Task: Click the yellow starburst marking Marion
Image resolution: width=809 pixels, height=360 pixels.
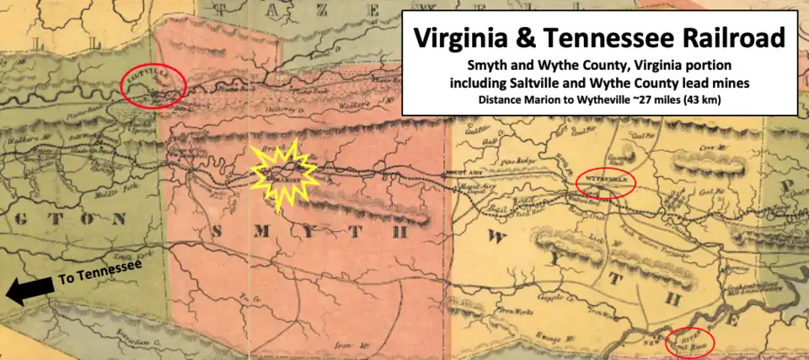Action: (285, 175)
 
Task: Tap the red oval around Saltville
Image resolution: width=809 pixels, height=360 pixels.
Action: (153, 84)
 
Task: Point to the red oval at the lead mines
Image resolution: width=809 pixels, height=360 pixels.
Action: (688, 341)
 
